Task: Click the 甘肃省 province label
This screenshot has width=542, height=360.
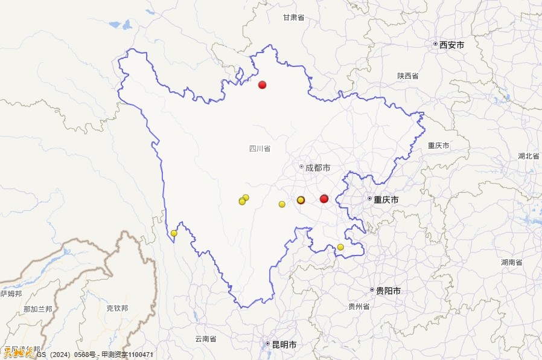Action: (x=293, y=18)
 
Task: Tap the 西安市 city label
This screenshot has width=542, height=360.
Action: (x=451, y=45)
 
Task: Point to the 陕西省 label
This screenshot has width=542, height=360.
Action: (x=408, y=76)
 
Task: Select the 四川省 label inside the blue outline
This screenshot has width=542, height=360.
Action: (x=260, y=148)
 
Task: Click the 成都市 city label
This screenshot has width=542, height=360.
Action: (x=317, y=167)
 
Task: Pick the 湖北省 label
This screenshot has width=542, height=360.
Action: (x=529, y=156)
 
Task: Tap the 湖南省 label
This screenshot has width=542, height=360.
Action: (x=511, y=262)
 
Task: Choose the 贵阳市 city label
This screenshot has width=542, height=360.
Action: (x=388, y=291)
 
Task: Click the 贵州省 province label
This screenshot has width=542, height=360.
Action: (x=359, y=306)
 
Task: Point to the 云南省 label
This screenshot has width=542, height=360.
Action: (x=205, y=339)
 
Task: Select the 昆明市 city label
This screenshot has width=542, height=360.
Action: (x=284, y=344)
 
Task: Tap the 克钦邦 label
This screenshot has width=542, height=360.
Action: (x=117, y=308)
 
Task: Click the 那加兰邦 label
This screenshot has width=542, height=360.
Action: (x=37, y=309)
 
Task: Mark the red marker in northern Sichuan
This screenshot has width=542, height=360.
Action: (x=262, y=85)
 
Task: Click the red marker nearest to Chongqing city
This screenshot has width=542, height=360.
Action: (x=324, y=199)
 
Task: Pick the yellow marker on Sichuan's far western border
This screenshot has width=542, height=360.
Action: (x=174, y=233)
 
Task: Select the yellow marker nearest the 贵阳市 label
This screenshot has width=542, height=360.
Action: (x=340, y=247)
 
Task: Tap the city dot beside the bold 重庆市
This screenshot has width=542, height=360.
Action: (x=370, y=199)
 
